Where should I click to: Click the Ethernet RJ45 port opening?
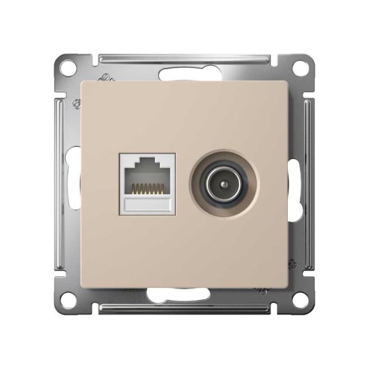[x=146, y=176]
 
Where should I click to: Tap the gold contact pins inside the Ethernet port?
[x=146, y=187]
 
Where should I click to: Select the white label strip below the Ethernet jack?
[x=146, y=203]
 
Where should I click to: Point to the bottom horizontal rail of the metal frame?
[x=134, y=308]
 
